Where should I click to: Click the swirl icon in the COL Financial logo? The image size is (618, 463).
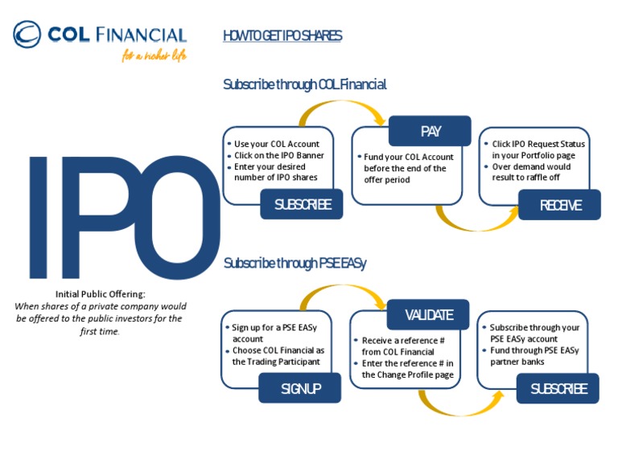click(x=27, y=35)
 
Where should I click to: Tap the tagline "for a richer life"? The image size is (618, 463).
click(x=154, y=56)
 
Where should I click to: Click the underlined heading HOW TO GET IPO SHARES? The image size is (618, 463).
click(x=282, y=35)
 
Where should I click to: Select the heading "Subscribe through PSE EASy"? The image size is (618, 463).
click(x=295, y=263)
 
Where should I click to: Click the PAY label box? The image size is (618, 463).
click(x=430, y=131)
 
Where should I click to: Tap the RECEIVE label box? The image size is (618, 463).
click(x=560, y=205)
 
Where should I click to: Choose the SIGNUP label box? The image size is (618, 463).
click(x=300, y=388)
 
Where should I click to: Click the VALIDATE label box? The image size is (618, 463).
click(x=429, y=314)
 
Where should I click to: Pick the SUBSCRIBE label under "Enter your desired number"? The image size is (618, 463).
click(x=302, y=204)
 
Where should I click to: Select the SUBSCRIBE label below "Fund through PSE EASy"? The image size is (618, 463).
click(x=558, y=388)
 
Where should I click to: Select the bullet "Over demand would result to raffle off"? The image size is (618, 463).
click(x=531, y=172)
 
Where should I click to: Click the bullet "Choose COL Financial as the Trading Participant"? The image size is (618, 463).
click(x=278, y=356)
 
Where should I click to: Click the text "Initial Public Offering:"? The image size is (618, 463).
click(x=101, y=294)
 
